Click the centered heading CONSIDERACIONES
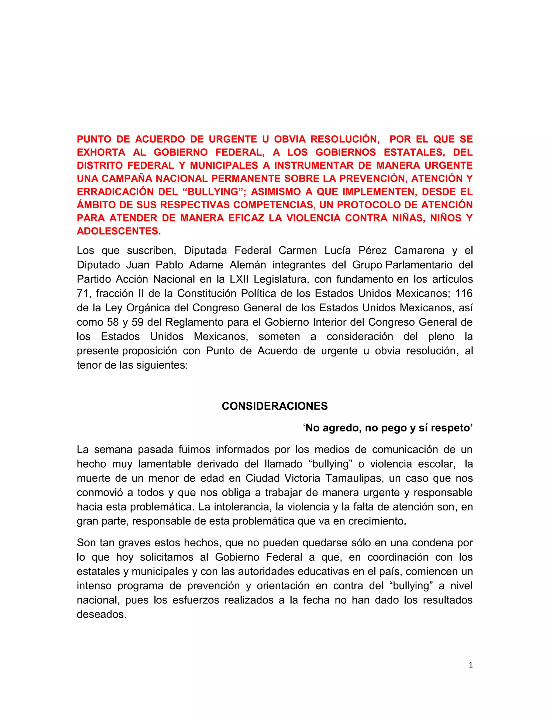click(x=275, y=406)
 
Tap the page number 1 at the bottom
click(x=471, y=665)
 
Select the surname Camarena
click(x=419, y=250)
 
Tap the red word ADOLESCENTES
click(x=119, y=231)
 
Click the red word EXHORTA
click(x=101, y=152)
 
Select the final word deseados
click(x=101, y=614)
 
